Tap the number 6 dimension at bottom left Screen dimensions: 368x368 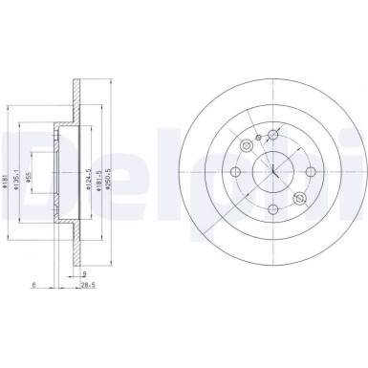(x=32, y=284)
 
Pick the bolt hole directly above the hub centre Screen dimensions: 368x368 (x=273, y=129)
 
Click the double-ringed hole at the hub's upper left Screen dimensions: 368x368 (x=246, y=145)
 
